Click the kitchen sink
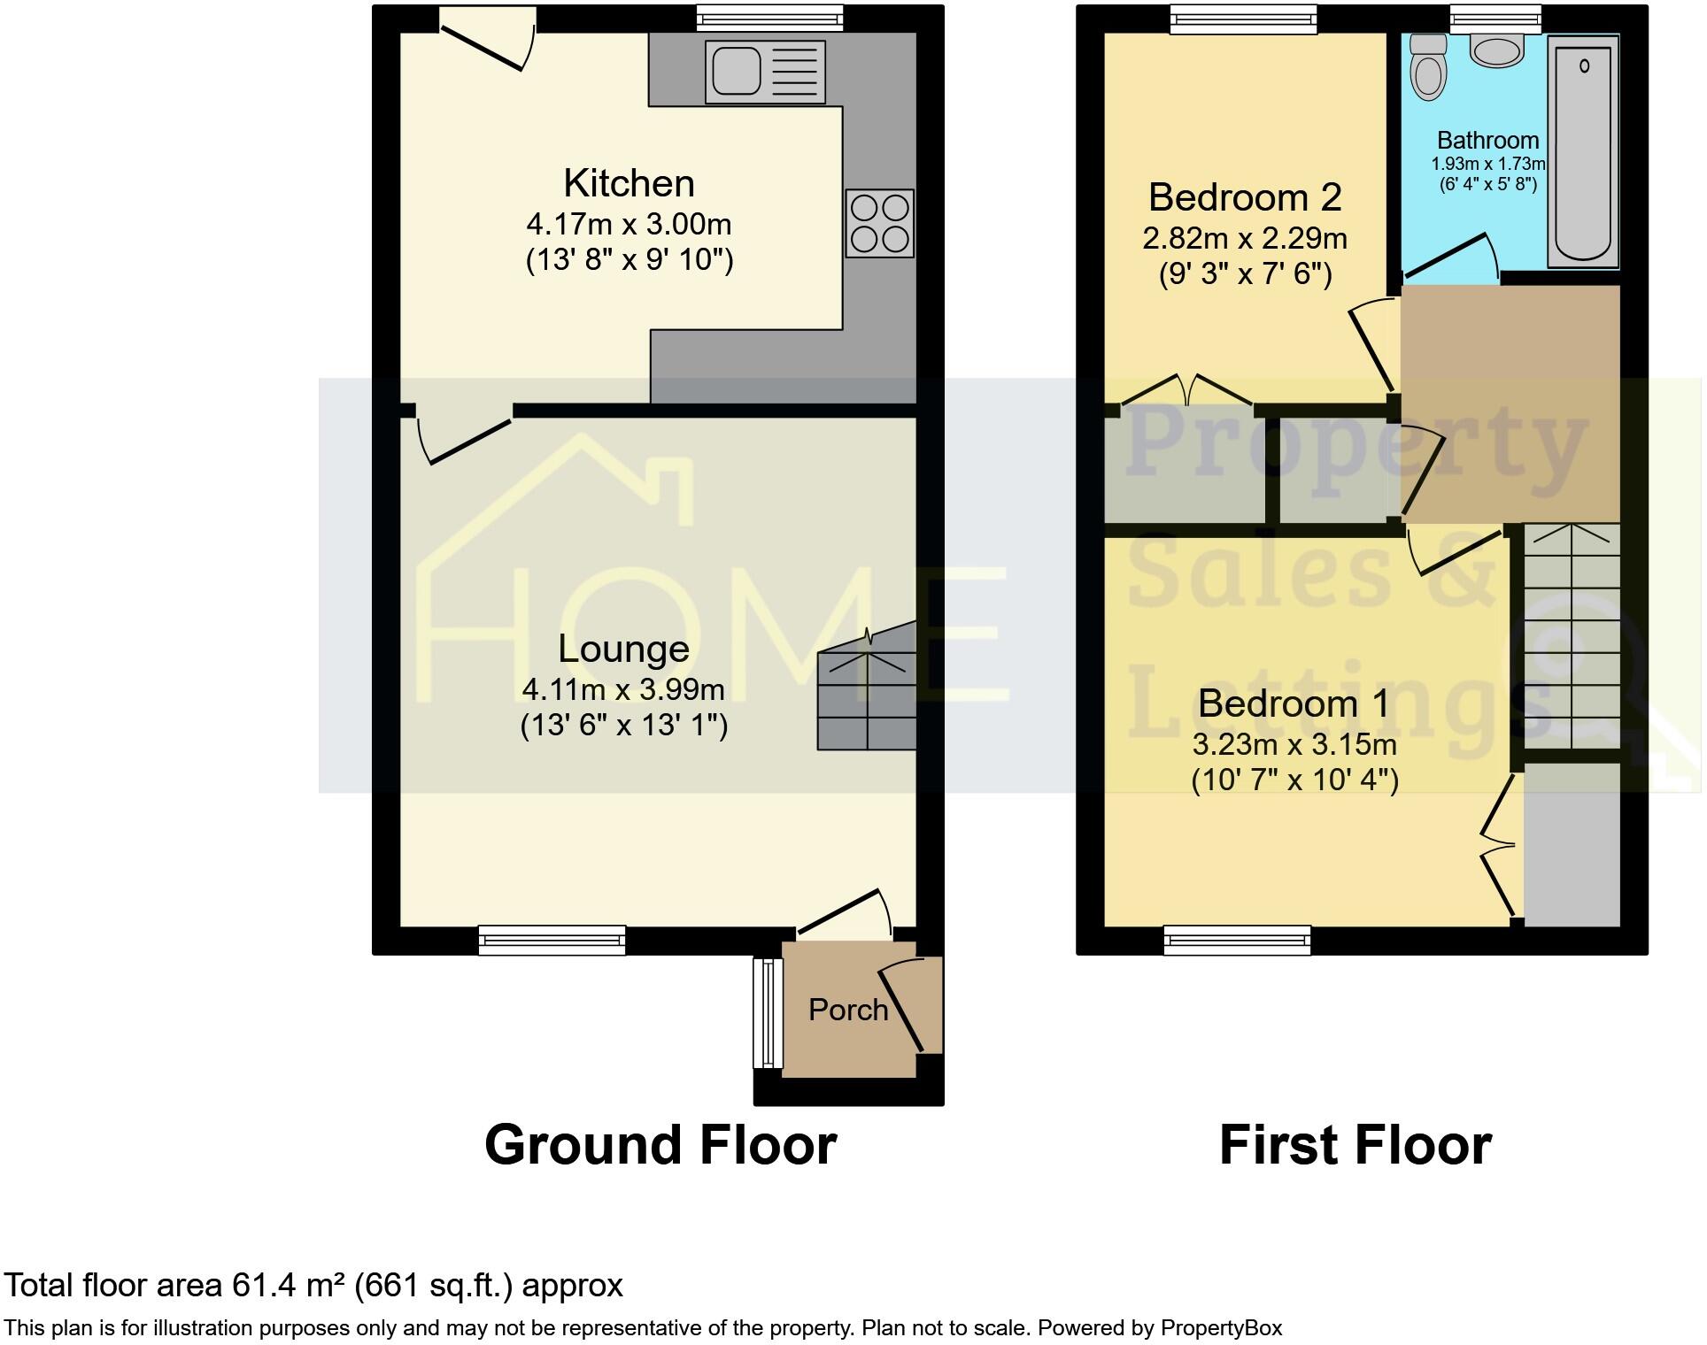765,72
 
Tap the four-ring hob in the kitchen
879,224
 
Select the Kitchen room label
629,183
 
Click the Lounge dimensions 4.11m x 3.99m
623,688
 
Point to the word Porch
847,1010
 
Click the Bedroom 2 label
1244,196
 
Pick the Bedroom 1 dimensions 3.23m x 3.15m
1294,744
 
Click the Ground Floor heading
660,1144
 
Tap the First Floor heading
1355,1144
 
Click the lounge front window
552,940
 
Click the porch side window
768,1013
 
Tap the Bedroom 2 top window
1243,19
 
